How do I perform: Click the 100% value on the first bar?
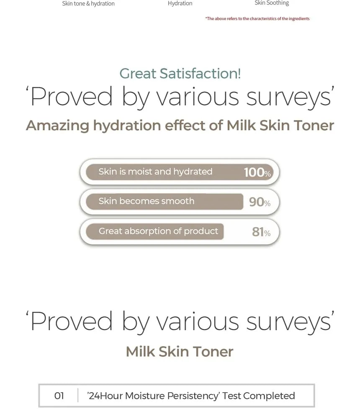[x=257, y=172]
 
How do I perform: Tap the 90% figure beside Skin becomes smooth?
[x=260, y=202]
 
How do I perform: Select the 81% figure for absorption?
[x=261, y=232]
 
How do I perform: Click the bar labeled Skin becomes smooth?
[x=165, y=202]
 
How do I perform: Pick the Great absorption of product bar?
[x=155, y=231]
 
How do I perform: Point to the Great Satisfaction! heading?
[x=180, y=73]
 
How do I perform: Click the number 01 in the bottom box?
[x=59, y=396]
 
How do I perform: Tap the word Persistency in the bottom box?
[x=193, y=396]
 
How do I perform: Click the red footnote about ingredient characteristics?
[x=257, y=18]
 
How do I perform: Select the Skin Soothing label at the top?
[x=272, y=3]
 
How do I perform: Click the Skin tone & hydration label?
[x=88, y=4]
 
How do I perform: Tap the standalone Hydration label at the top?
[x=180, y=3]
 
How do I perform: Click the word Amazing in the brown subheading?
[x=58, y=126]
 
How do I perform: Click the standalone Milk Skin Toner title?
[x=180, y=352]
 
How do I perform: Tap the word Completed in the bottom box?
[x=269, y=396]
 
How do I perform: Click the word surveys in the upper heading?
[x=288, y=97]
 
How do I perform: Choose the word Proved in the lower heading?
[x=72, y=321]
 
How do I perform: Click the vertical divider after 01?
[x=78, y=396]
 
